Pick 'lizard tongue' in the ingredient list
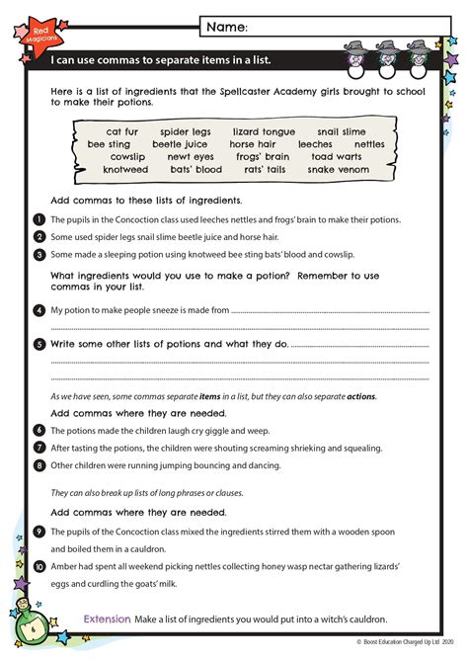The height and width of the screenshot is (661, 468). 264,131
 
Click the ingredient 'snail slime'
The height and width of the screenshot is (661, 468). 342,131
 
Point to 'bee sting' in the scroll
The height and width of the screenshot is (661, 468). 109,144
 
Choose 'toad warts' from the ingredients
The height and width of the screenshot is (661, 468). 337,156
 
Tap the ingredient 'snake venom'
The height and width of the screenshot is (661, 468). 338,169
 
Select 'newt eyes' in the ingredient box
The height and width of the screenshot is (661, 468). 190,156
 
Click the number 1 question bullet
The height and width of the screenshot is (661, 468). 38,219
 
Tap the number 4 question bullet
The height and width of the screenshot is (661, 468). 38,310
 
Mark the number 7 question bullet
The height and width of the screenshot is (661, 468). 38,448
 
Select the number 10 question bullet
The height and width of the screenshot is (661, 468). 38,566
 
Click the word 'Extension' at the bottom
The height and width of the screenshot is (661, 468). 107,619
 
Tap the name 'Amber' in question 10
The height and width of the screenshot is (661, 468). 63,566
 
